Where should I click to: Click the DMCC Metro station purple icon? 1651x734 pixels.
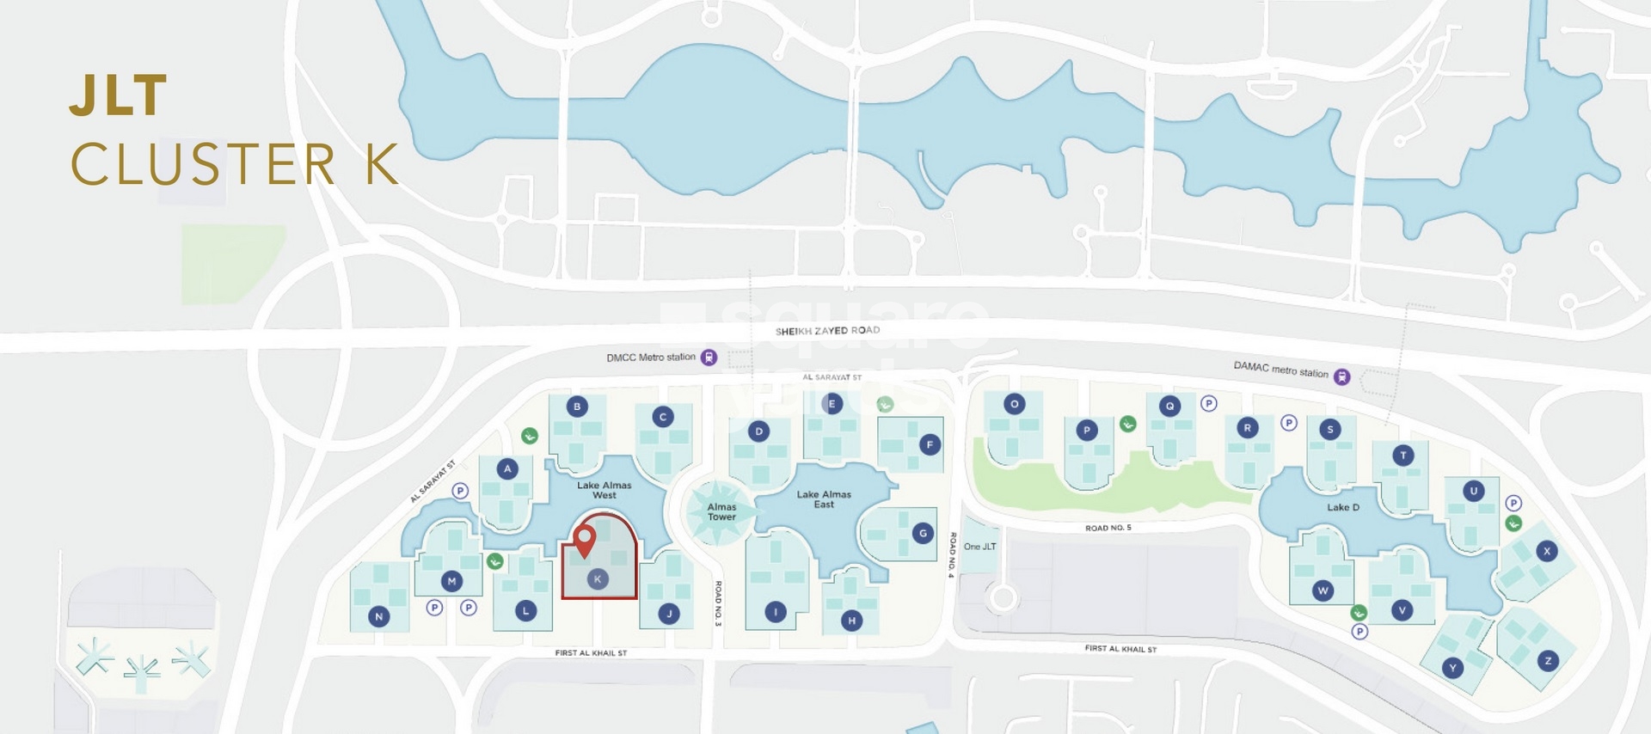(709, 358)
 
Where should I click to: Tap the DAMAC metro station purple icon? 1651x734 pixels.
(1341, 376)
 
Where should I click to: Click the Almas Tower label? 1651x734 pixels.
(721, 512)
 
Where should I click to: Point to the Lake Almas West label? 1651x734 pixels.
(604, 490)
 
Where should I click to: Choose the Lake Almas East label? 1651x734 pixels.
(824, 499)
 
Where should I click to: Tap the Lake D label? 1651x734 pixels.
(1342, 507)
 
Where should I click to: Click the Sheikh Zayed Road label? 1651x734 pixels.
(827, 331)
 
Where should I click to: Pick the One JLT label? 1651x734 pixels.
(979, 547)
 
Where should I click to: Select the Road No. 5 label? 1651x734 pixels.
(1108, 528)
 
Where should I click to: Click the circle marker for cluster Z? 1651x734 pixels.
(1548, 661)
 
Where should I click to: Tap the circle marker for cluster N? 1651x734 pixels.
(378, 616)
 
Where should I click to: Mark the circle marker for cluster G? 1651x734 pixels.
(923, 534)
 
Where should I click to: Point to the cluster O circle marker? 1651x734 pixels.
(1015, 404)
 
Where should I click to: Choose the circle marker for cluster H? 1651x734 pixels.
(851, 621)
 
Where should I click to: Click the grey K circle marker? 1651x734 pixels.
(598, 579)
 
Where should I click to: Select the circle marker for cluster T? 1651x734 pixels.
(1402, 456)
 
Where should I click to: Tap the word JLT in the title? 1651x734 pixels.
(118, 95)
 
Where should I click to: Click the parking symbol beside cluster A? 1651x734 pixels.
(460, 491)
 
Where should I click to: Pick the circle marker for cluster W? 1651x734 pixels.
(1323, 590)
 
